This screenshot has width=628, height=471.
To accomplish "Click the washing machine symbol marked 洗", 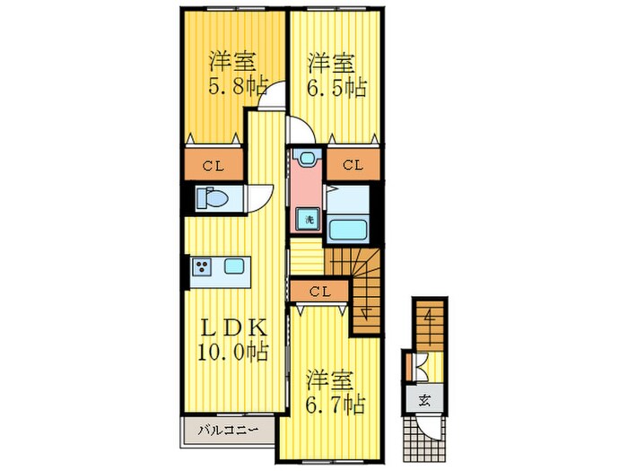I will point(308,219).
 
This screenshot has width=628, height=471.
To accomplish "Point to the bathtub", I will point(347,228).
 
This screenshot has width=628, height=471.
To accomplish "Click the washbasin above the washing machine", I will point(309,159).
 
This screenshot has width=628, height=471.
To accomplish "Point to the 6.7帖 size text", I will point(334,405).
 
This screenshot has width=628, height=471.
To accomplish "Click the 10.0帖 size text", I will point(231,353).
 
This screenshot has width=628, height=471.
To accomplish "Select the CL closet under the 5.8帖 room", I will point(213,165).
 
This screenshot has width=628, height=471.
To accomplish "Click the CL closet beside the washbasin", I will point(352,165).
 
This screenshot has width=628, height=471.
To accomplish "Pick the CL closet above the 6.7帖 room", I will point(318,292).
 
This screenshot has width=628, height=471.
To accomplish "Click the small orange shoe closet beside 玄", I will point(408,368).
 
